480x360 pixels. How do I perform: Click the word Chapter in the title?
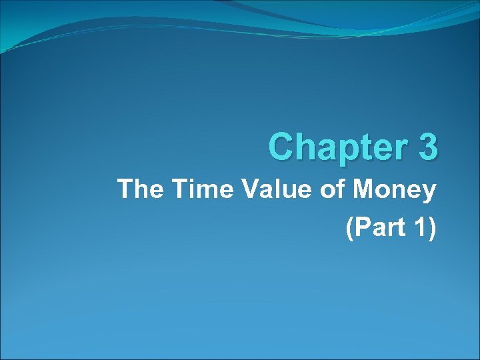pyautogui.click(x=336, y=147)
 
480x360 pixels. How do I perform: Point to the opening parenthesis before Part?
pyautogui.click(x=349, y=229)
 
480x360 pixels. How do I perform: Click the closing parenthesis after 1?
pyautogui.click(x=431, y=229)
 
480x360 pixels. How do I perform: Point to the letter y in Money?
pyautogui.click(x=429, y=194)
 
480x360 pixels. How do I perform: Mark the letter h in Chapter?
pyautogui.click(x=304, y=147)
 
